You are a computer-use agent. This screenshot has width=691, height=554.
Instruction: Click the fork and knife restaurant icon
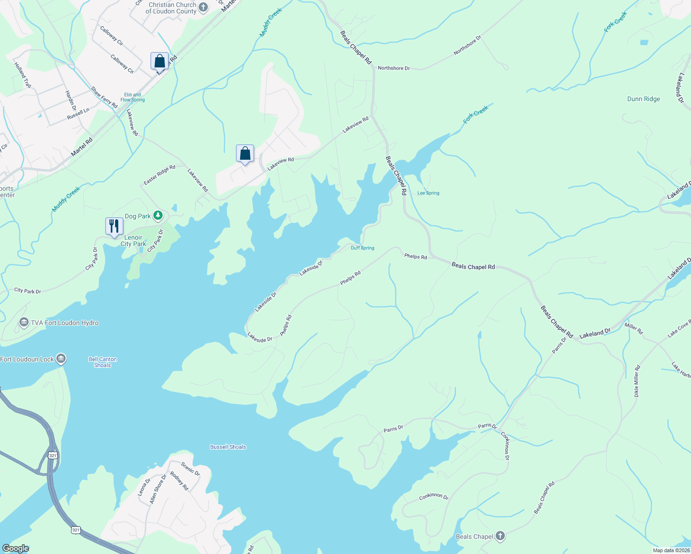[114, 226]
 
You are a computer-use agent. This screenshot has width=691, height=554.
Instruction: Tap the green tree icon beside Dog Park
[158, 216]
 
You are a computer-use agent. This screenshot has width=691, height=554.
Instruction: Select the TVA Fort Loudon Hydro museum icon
[24, 323]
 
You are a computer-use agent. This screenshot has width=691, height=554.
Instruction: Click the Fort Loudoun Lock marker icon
[61, 359]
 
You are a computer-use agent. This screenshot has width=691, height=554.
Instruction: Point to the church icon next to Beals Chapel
[500, 536]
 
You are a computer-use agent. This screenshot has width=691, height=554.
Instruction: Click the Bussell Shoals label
[228, 447]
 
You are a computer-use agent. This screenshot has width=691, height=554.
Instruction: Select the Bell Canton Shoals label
[103, 362]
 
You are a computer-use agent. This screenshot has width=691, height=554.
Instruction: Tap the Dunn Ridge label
[643, 99]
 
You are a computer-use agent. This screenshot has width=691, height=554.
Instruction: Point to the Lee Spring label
[428, 193]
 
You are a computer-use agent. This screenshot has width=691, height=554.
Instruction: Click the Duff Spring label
[363, 248]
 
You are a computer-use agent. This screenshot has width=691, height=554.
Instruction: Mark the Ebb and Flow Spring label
[133, 97]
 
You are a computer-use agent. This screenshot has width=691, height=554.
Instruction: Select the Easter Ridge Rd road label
[159, 175]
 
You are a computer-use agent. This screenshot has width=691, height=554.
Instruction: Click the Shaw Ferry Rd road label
[104, 97]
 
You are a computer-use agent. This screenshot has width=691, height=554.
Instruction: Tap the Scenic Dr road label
[190, 469]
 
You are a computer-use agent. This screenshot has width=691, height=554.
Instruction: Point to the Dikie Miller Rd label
[637, 381]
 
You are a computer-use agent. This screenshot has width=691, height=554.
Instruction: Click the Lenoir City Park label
[133, 241]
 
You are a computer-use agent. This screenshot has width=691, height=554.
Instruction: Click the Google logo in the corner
[16, 548]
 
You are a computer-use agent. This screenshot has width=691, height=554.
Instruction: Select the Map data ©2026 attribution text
[671, 550]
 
